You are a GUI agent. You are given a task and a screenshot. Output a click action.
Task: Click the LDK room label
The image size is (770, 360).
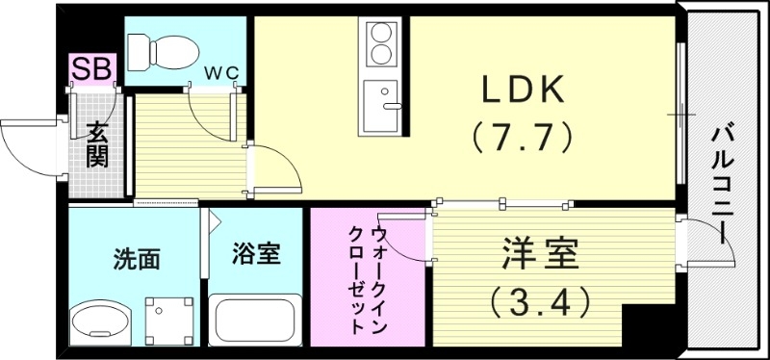tap(522, 91)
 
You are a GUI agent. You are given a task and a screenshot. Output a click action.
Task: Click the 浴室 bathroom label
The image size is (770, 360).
tap(257, 254)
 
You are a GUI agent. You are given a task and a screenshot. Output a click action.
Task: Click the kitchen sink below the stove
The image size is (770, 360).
tap(382, 106)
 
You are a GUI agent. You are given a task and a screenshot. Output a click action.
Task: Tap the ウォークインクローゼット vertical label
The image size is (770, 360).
tap(369, 279)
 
